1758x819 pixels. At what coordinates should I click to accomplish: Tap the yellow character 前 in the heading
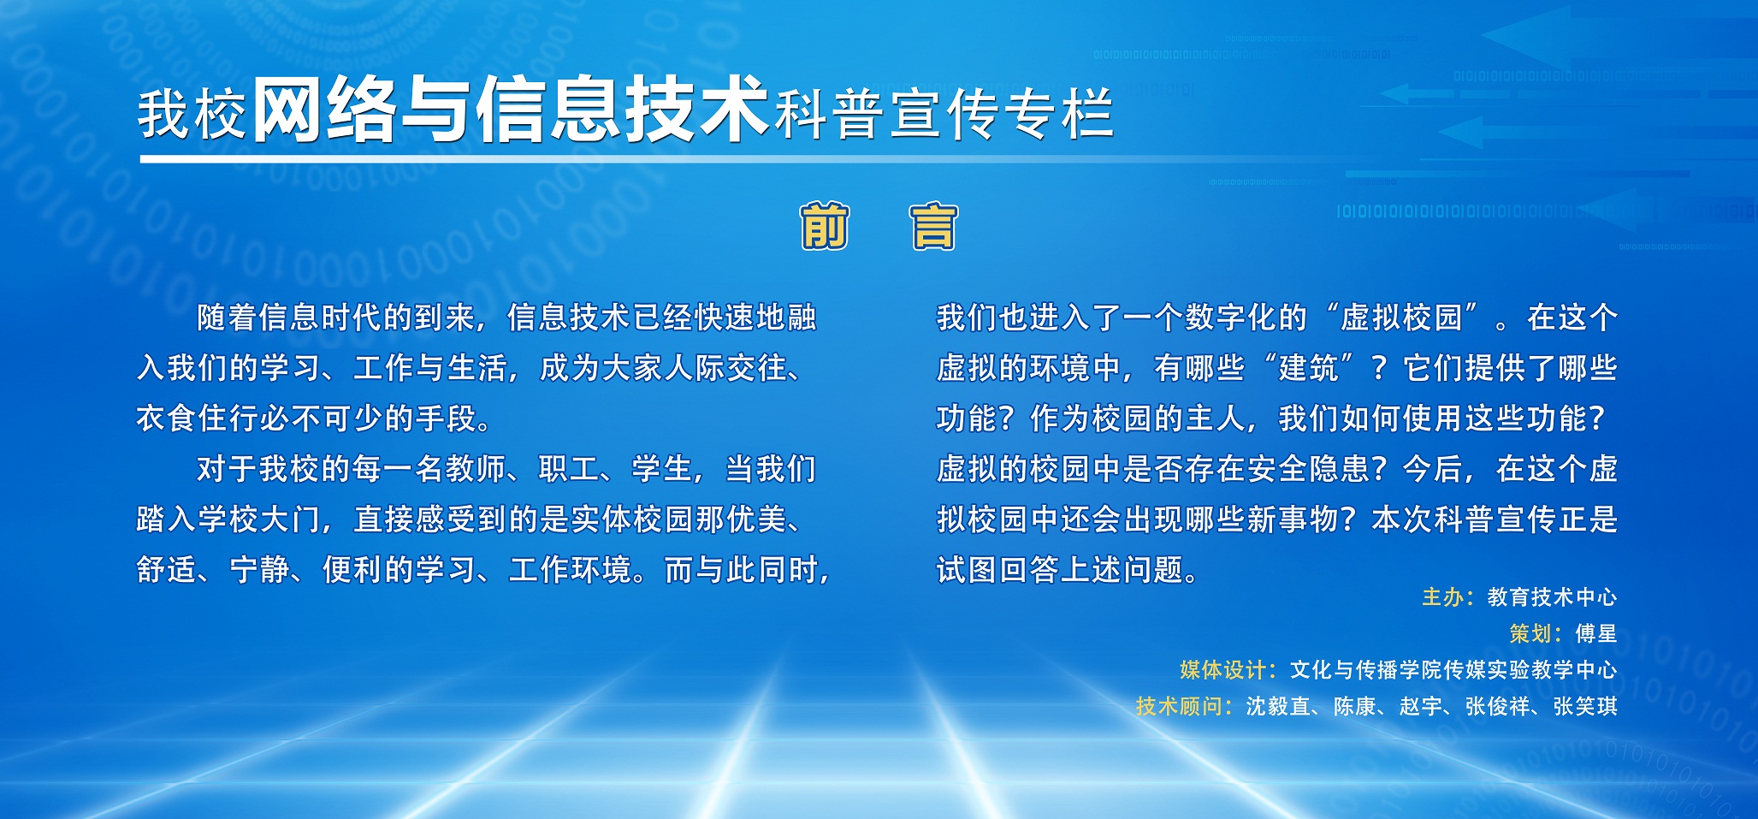(x=825, y=226)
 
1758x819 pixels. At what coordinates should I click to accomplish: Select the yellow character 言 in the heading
(x=933, y=226)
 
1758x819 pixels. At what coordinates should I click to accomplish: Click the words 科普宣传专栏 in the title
(x=944, y=115)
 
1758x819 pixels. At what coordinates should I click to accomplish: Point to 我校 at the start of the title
(x=192, y=115)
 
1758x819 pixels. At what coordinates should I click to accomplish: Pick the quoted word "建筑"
(x=1309, y=368)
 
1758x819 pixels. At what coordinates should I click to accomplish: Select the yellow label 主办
(x=1442, y=596)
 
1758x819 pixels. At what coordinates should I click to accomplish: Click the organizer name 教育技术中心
(x=1552, y=596)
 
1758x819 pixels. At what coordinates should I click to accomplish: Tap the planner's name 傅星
(x=1596, y=633)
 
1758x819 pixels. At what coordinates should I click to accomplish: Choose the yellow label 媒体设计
(x=1223, y=669)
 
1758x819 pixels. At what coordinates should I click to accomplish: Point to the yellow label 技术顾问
(x=1180, y=706)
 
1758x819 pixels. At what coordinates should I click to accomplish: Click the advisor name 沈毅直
(x=1279, y=706)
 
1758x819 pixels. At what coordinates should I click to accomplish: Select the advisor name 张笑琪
(x=1585, y=706)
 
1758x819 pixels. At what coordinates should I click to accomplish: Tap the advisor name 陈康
(x=1355, y=706)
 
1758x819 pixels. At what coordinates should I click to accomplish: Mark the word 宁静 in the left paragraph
(x=260, y=570)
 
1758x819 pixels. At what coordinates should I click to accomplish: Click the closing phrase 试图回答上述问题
(x=1060, y=570)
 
